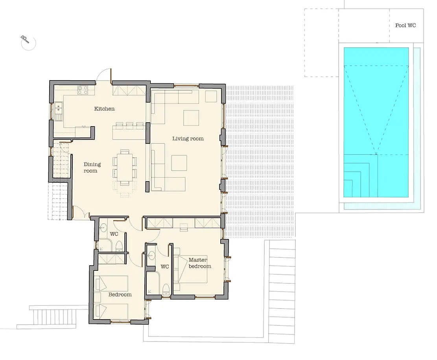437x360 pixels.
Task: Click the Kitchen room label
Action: tap(104, 108)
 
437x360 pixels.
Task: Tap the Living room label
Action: tap(188, 138)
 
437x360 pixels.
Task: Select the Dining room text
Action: tap(92, 167)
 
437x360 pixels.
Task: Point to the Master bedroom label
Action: tap(199, 263)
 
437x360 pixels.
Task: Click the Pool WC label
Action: tap(406, 25)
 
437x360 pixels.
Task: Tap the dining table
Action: tap(125, 167)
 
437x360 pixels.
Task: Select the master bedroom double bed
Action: tap(191, 269)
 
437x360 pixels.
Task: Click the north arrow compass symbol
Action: tap(28, 42)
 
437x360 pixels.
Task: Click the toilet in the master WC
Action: tap(166, 289)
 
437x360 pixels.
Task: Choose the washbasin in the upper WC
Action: tap(103, 228)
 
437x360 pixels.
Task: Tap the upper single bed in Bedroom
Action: tap(111, 284)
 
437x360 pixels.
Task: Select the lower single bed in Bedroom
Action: tap(111, 312)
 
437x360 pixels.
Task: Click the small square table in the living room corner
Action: tap(211, 96)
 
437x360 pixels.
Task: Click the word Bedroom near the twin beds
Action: tap(120, 294)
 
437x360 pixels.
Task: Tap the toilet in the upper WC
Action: tap(119, 246)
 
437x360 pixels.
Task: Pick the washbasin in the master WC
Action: tap(151, 255)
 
